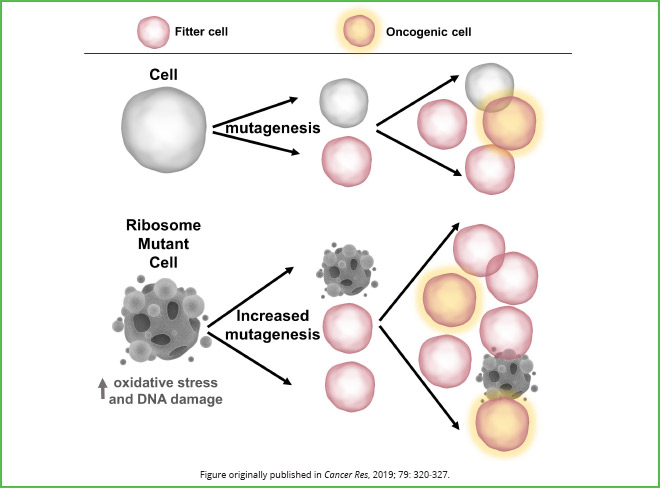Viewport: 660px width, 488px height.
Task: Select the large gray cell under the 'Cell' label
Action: coord(163,127)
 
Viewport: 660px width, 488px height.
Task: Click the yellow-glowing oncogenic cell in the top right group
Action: coord(511,122)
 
